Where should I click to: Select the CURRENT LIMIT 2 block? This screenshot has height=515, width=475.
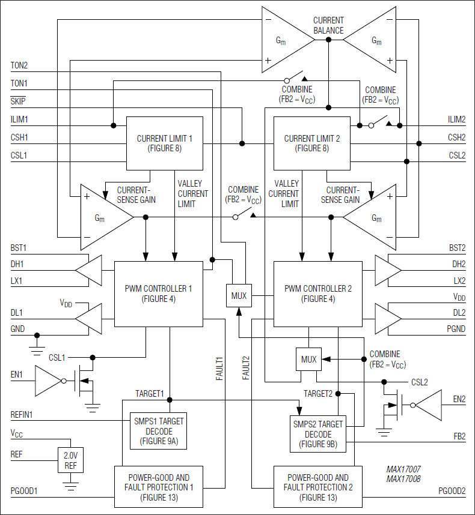tap(311, 143)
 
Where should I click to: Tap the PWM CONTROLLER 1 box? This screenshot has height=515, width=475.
tap(158, 294)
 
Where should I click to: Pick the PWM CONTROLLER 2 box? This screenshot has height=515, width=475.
tap(317, 294)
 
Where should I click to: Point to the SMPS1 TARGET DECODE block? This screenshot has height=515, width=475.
tap(158, 431)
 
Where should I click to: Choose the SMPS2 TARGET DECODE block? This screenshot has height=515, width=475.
tap(318, 433)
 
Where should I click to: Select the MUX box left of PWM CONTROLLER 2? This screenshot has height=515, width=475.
tap(239, 295)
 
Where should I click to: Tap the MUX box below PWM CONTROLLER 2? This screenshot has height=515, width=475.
tap(308, 360)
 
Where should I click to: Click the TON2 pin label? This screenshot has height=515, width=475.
tap(19, 65)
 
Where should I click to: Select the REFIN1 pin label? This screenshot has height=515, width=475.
tap(23, 414)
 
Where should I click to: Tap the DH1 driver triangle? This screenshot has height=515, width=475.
tap(90, 273)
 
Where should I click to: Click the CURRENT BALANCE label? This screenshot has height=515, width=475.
tap(328, 26)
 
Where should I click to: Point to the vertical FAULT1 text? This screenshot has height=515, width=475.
tap(219, 368)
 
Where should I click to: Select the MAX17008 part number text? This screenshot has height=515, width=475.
tap(404, 480)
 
